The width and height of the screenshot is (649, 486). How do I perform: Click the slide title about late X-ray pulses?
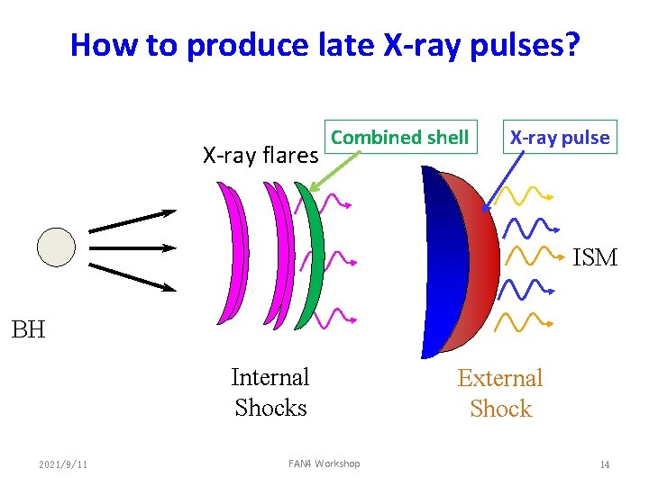tap(325, 44)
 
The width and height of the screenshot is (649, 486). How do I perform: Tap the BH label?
tap(28, 329)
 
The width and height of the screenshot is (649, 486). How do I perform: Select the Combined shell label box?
tap(400, 138)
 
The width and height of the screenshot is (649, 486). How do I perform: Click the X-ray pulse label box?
tap(560, 138)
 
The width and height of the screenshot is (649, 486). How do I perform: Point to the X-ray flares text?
tap(261, 156)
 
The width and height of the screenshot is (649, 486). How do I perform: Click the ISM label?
tap(595, 258)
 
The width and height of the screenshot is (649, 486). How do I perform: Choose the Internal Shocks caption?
tap(270, 392)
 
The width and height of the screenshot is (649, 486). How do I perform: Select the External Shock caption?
tap(500, 393)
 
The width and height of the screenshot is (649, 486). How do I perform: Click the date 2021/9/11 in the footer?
tap(63, 464)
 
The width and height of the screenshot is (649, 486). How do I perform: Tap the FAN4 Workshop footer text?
tap(324, 463)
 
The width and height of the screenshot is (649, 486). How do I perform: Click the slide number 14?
tap(605, 464)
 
